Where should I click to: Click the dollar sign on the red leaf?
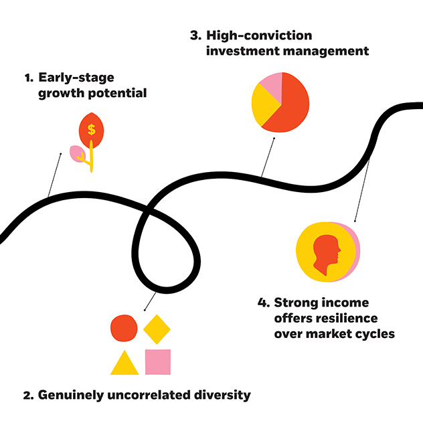tap(91, 130)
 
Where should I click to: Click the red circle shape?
tap(123, 327)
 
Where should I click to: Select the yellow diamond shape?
tap(158, 328)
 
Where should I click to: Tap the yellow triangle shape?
tap(124, 364)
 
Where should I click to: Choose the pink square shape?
tap(158, 361)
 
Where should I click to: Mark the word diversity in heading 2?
tap(224, 395)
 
